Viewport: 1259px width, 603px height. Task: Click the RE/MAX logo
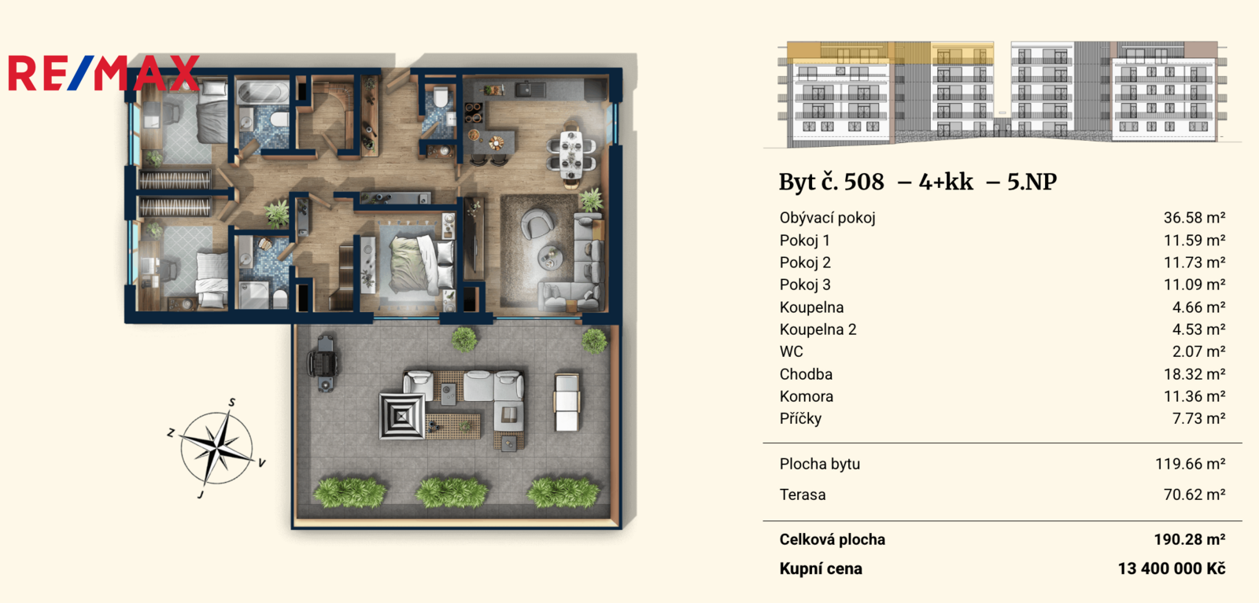104,73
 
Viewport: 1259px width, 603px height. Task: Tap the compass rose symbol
216,449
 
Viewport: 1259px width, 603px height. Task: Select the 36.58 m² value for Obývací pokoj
1194,218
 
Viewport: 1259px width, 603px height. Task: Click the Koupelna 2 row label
818,329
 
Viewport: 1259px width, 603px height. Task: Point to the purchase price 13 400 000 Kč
1172,568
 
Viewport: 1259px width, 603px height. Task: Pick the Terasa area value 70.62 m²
1194,495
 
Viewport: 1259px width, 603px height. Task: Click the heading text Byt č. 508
831,182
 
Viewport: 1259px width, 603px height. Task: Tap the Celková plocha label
833,539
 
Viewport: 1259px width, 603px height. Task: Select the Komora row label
807,396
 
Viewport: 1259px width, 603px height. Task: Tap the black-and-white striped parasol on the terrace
401,416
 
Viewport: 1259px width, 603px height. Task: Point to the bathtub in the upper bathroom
262,92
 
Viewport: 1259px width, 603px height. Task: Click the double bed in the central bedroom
416,264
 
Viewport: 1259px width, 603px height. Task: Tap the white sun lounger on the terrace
567,402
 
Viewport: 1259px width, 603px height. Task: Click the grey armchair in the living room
537,223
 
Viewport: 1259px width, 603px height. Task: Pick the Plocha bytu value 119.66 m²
1191,464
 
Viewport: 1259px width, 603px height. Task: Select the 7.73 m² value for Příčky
1199,418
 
